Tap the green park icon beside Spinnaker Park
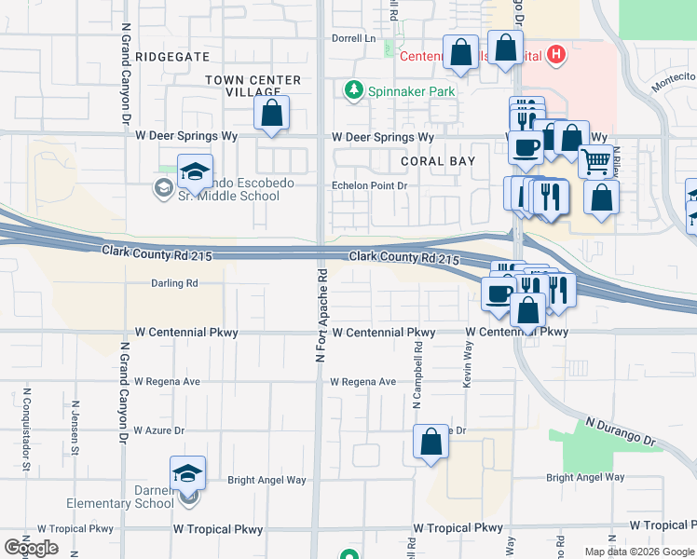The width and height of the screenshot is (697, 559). [x=353, y=90]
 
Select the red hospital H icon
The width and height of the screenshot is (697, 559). [x=556, y=55]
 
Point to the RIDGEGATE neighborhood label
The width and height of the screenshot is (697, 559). [x=172, y=57]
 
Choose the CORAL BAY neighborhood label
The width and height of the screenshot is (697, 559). [x=438, y=161]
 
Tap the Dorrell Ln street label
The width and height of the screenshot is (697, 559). [x=354, y=39]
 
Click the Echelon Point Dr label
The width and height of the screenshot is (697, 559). [x=370, y=185]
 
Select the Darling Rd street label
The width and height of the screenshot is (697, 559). [x=174, y=282]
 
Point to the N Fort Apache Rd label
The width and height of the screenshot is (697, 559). [x=321, y=317]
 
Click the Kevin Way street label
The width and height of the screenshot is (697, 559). [x=469, y=362]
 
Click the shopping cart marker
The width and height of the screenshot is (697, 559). [x=594, y=161]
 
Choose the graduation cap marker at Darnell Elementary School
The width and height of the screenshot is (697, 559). [x=187, y=473]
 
